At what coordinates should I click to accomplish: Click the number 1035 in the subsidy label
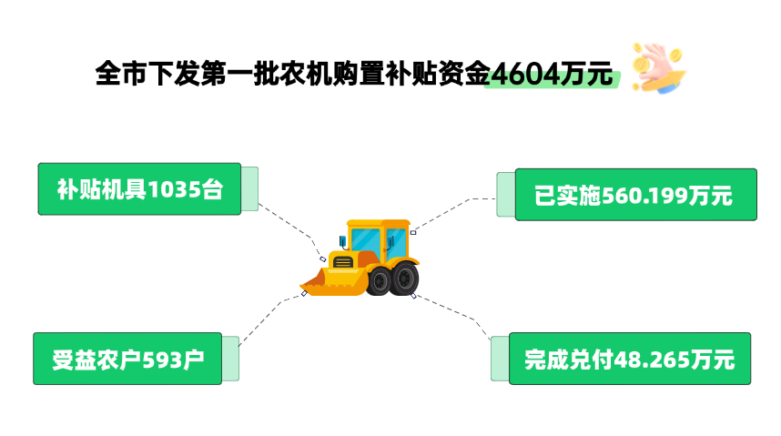point(173,190)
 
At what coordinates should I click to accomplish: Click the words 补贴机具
point(101,190)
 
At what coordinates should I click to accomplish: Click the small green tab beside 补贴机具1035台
point(249,189)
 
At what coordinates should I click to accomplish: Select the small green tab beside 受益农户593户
point(230,359)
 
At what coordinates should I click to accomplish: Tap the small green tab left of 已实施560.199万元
point(506,195)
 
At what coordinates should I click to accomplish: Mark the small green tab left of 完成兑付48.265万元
point(500,359)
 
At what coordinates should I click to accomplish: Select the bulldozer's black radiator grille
point(342,262)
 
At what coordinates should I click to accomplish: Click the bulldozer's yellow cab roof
point(378,223)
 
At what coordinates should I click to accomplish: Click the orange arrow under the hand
point(668,86)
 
